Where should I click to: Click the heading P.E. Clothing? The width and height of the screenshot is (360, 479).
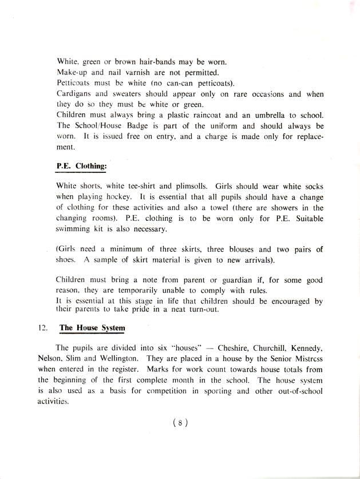(82, 166)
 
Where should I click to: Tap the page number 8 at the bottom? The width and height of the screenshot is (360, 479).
(180, 423)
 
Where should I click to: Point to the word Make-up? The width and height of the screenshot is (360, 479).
(73, 73)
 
